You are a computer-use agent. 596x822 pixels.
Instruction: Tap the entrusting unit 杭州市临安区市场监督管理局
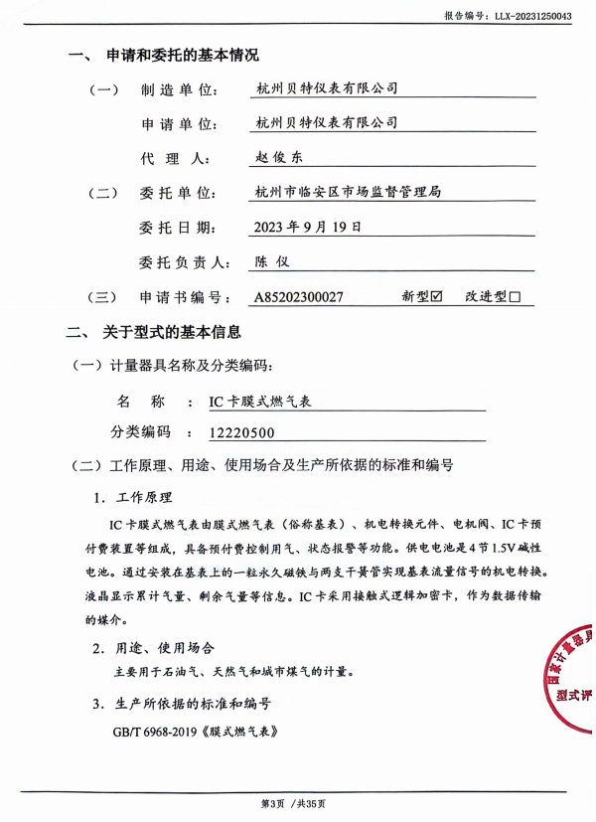coord(348,192)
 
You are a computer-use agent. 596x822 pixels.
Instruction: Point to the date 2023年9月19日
coord(308,227)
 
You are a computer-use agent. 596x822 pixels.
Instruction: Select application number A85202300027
coord(299,296)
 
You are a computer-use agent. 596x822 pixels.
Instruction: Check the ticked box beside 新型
coord(435,296)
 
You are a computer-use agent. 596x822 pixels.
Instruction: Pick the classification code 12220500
coord(242,432)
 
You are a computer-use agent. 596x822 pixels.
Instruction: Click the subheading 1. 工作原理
coord(132,497)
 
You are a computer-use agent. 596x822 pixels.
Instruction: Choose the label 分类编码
coord(140,432)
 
